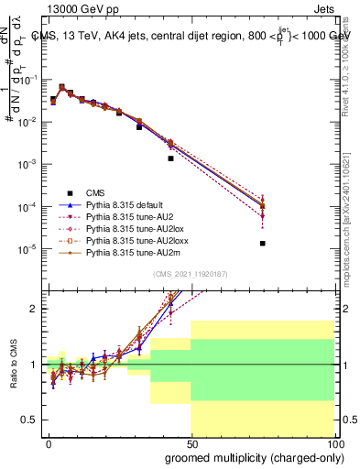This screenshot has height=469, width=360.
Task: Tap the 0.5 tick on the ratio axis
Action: coord(29,420)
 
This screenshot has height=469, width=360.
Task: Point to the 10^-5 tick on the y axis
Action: coord(27,249)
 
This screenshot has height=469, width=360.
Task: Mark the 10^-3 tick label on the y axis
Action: coord(27,164)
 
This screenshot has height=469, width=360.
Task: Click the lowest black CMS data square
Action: coord(263,243)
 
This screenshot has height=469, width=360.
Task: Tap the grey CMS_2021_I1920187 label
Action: coord(191,273)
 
